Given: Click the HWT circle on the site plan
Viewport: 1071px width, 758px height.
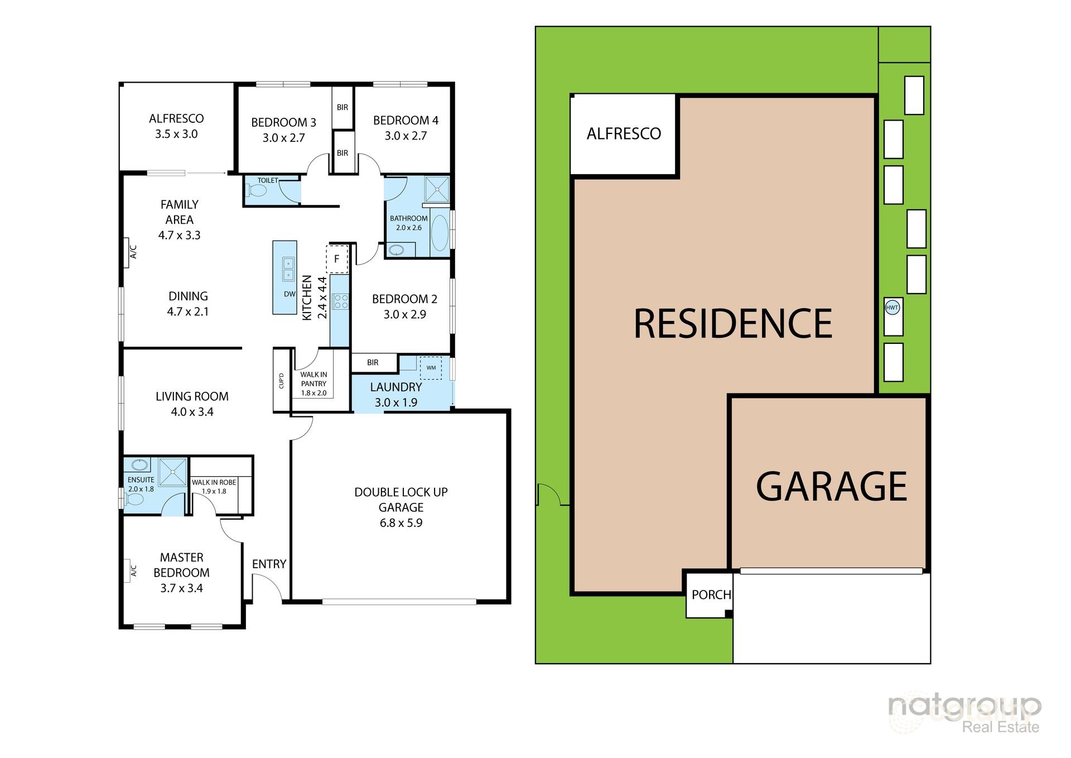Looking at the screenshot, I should (893, 308).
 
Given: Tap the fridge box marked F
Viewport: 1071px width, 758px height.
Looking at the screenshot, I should (337, 259).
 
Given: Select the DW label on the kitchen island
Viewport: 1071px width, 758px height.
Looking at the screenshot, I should (290, 294).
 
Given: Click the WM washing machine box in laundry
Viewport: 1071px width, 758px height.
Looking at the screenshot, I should (431, 368).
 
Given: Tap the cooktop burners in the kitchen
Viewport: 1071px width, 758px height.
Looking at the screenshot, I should (340, 302).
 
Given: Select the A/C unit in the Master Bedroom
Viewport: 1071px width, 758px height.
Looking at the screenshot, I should (132, 571).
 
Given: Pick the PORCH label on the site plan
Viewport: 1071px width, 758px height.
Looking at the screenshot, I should (711, 595).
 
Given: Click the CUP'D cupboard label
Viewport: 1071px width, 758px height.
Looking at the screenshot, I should (281, 381).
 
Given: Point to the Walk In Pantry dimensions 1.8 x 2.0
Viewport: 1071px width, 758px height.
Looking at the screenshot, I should (313, 393).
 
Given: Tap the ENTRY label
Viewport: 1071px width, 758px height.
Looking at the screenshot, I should (269, 564).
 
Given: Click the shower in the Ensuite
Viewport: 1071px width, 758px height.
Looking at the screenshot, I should (173, 472).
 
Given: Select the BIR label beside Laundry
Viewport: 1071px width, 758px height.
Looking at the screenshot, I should (373, 363).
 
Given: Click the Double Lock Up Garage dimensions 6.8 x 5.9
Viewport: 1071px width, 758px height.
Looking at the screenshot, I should (401, 523).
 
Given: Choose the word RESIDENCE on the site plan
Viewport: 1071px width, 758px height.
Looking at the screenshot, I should (732, 324).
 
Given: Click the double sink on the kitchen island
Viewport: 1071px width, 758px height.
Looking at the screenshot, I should (288, 268).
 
